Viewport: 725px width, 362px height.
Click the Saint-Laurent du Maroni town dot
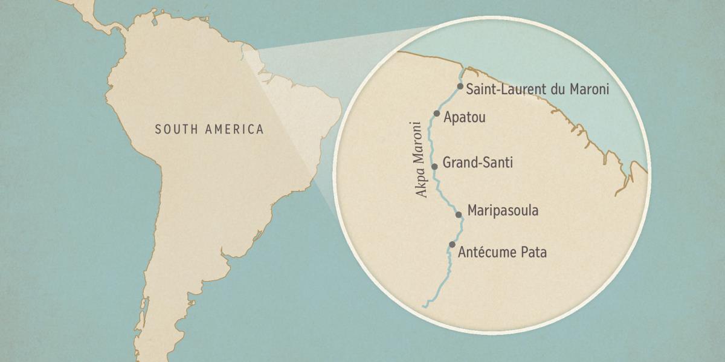[460, 86]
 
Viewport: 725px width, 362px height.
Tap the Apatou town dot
[436, 113]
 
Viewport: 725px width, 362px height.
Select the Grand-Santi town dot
[434, 166]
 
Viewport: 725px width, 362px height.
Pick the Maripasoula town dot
[459, 214]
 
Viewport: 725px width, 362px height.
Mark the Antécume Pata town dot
[452, 244]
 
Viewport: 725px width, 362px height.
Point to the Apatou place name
[464, 117]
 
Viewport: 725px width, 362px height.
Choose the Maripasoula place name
[503, 211]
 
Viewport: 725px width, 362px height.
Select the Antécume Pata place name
[502, 252]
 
